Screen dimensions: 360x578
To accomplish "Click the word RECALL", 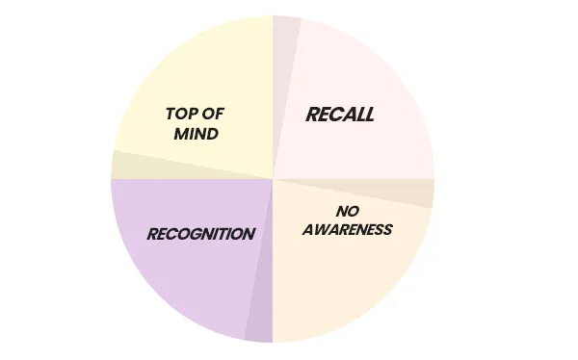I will [x=340, y=115].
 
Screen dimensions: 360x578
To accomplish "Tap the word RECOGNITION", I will [x=200, y=234].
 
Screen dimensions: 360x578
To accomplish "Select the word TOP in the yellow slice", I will [x=180, y=115].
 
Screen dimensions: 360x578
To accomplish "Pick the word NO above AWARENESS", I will [x=348, y=212].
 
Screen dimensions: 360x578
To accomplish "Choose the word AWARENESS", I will [x=348, y=229].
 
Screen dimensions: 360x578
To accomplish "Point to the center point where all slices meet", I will [x=273, y=179].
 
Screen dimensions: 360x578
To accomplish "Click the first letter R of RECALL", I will [x=312, y=115].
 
